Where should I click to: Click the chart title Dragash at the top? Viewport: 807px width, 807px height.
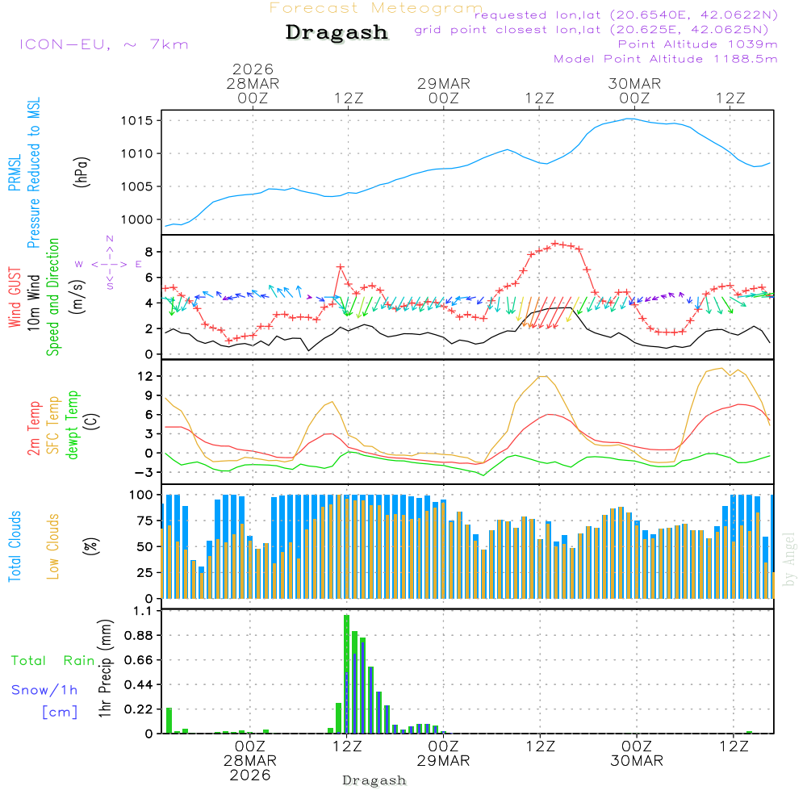pos(337,33)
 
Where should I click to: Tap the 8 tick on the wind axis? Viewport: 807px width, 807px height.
pos(148,252)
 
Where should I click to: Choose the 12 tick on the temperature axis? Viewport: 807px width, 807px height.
pos(145,376)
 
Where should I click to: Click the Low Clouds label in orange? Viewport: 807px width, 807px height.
pos(53,546)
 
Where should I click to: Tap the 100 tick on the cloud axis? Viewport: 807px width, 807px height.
pos(142,494)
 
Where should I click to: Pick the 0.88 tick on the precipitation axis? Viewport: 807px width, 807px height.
pos(139,636)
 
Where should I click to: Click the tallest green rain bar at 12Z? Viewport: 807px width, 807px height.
pos(346,674)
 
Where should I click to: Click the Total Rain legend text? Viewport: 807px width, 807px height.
pos(53,661)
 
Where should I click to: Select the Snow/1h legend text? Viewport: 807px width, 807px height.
pos(45,690)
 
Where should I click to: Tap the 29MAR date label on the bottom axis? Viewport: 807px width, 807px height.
pos(443,761)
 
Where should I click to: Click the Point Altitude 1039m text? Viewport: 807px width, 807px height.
pos(697,44)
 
